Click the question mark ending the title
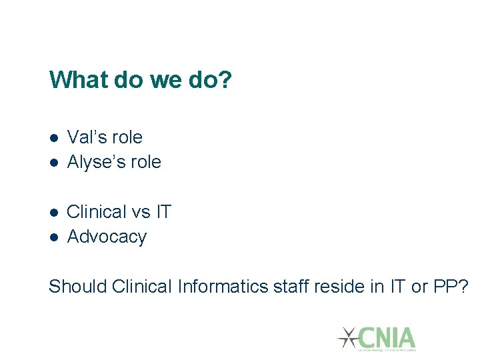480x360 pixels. pos(227,81)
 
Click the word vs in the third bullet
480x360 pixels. pos(141,212)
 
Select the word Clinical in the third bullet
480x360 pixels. pos(96,212)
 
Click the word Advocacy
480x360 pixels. pos(107,237)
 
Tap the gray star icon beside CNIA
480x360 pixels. pos(347,337)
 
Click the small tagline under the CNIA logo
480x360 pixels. pos(387,349)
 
